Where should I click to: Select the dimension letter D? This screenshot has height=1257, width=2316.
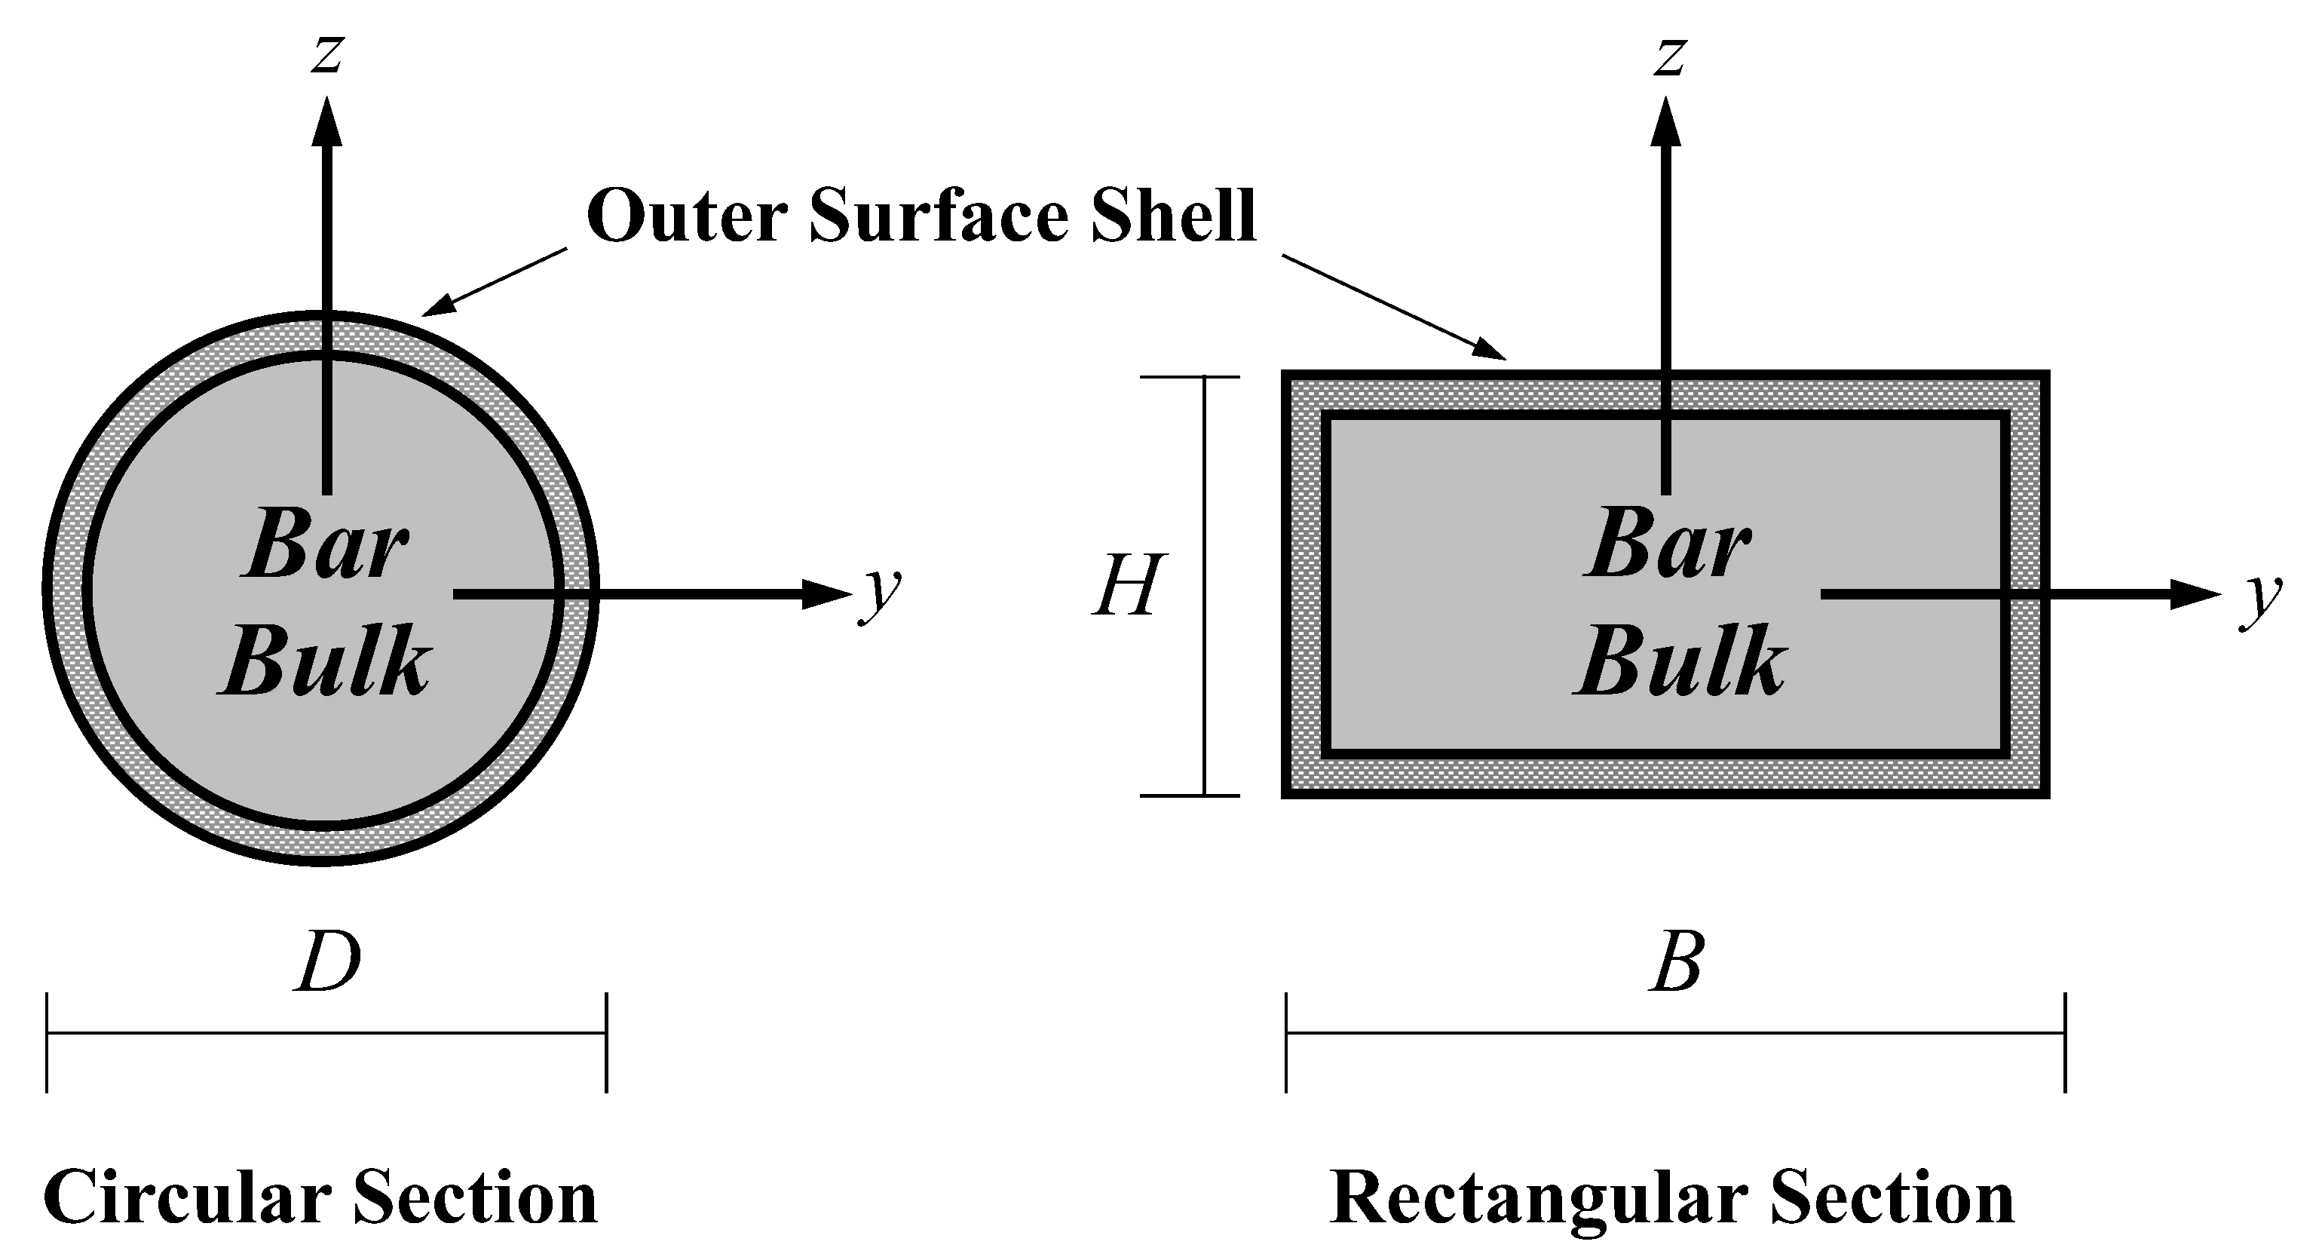pos(328,962)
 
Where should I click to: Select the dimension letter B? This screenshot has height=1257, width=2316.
pos(1676,962)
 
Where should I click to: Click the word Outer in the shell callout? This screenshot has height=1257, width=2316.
pos(687,216)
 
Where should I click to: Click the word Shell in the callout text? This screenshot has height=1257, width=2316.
pos(1172,216)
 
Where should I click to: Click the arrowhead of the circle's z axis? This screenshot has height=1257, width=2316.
pos(326,121)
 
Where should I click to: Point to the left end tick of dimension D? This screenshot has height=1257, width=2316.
pos(47,1042)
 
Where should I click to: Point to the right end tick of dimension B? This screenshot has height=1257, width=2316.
pos(2064,1042)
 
